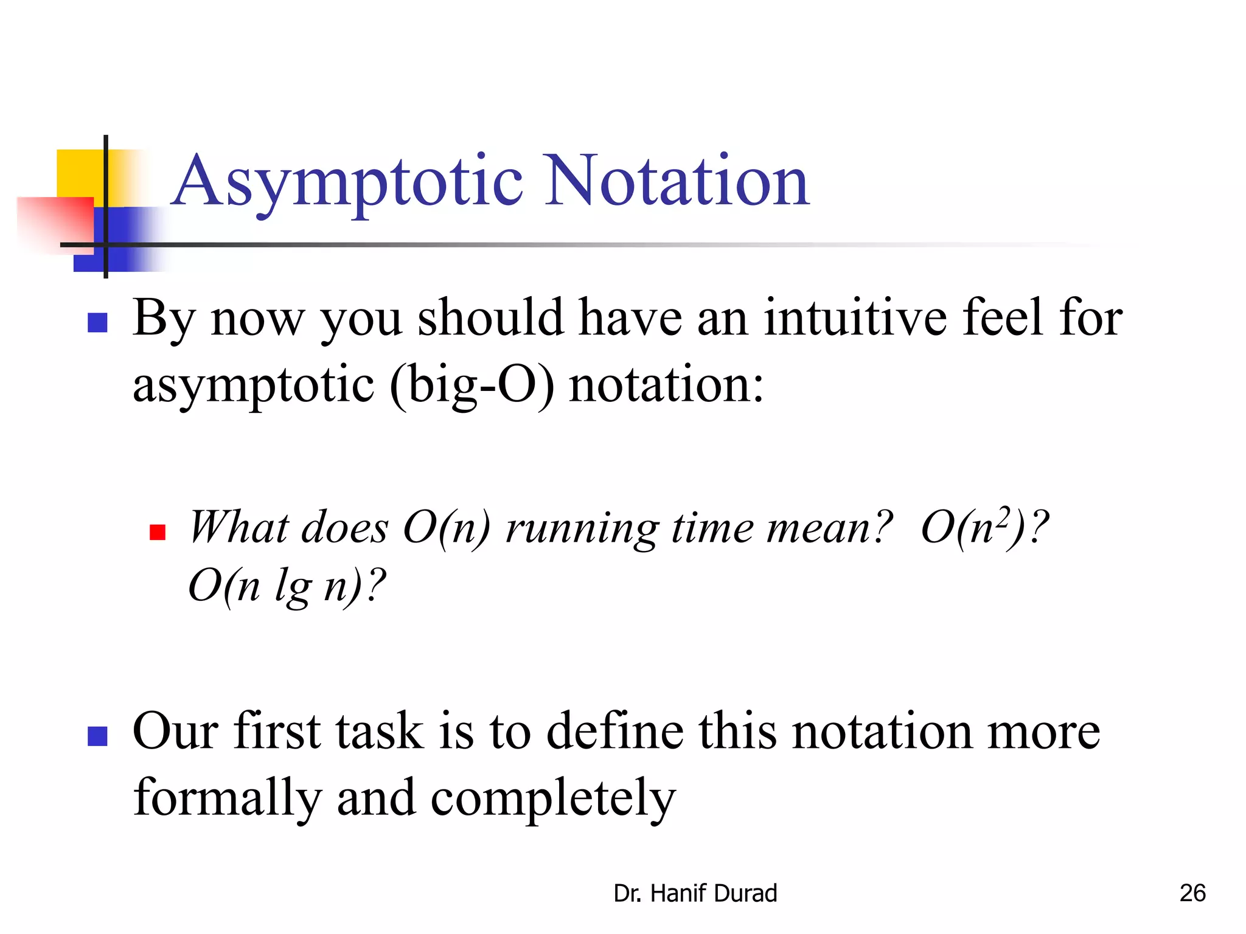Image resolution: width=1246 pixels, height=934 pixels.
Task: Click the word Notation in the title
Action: (677, 181)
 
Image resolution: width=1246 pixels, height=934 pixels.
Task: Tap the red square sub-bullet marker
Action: (158, 533)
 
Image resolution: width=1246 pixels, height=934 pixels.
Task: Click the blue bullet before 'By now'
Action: (97, 322)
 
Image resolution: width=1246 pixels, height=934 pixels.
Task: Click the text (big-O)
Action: (472, 386)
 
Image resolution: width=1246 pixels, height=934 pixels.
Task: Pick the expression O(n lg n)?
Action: (287, 586)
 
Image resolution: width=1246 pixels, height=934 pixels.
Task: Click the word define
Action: (615, 731)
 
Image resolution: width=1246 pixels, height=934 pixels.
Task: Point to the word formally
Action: (227, 798)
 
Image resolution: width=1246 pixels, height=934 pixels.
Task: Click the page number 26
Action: (1192, 893)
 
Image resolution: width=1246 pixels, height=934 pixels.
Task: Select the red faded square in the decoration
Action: (56, 222)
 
